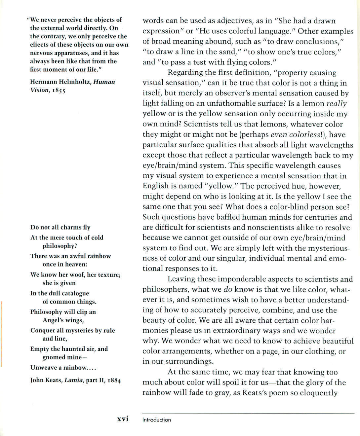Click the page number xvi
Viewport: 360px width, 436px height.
coord(123,419)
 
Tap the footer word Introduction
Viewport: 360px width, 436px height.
coord(157,420)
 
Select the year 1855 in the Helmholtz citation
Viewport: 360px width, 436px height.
coord(59,90)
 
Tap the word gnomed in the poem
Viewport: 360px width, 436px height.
coord(54,357)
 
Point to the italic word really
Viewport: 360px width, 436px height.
coord(337,104)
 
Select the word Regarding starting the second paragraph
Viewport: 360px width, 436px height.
coord(186,73)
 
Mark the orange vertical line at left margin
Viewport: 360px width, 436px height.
coord(1,334)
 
